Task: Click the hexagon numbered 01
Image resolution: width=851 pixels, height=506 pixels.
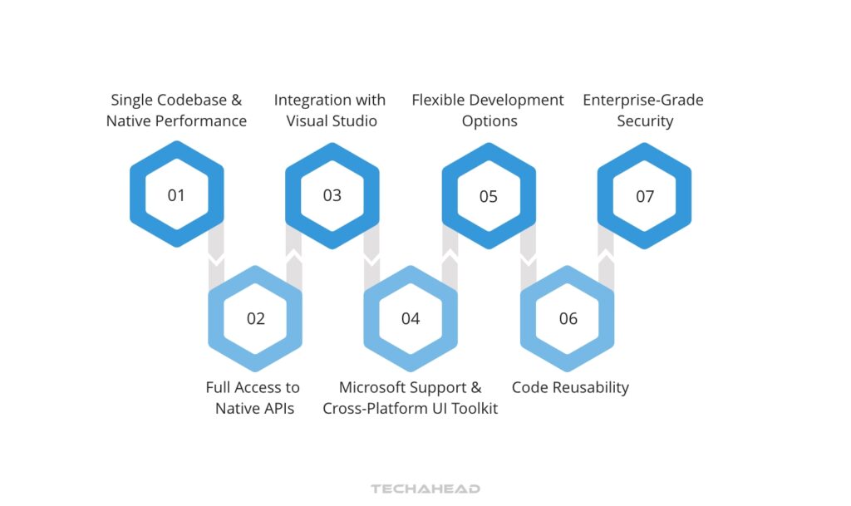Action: pyautogui.click(x=176, y=195)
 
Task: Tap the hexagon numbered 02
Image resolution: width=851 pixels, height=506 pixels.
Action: pyautogui.click(x=255, y=318)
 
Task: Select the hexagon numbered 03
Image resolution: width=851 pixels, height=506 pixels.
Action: pyautogui.click(x=332, y=195)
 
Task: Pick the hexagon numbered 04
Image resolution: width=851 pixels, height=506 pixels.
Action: pyautogui.click(x=411, y=318)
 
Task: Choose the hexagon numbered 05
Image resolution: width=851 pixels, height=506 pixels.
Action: pyautogui.click(x=489, y=196)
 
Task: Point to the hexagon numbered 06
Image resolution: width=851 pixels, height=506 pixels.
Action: pyautogui.click(x=568, y=318)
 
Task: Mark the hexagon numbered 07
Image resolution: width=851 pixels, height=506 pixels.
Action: pyautogui.click(x=645, y=196)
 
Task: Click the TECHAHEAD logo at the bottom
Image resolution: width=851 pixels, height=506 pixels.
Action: pyautogui.click(x=425, y=489)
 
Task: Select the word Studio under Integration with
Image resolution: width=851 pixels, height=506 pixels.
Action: pyautogui.click(x=355, y=121)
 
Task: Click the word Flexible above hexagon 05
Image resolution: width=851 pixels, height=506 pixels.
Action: pyautogui.click(x=438, y=101)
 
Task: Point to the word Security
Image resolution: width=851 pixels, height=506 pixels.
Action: pyautogui.click(x=645, y=121)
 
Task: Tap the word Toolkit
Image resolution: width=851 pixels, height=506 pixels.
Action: pyautogui.click(x=471, y=409)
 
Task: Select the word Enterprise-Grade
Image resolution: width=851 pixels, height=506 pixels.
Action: pyautogui.click(x=643, y=101)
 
